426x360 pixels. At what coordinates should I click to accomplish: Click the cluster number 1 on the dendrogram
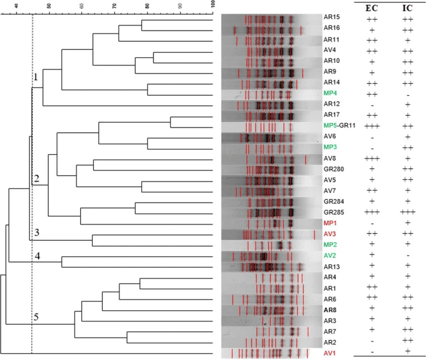36,78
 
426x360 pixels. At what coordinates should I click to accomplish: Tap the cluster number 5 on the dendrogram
36,318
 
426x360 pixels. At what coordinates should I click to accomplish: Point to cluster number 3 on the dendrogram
36,233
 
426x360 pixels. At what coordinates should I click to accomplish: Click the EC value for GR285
372,212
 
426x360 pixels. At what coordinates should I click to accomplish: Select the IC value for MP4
408,93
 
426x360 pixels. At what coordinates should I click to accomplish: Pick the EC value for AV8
372,158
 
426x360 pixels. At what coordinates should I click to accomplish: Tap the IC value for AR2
408,341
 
